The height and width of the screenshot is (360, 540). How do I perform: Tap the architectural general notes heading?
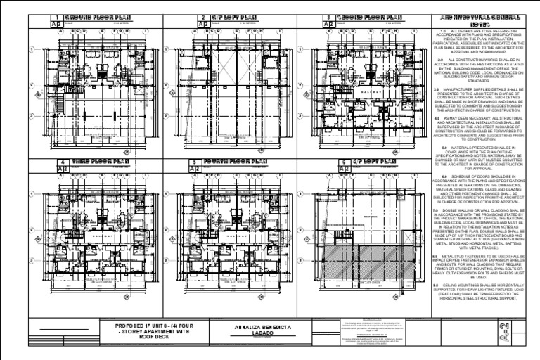[478, 20]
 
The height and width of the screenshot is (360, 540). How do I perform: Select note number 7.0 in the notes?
[436, 210]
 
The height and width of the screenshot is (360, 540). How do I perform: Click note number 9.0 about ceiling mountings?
[436, 284]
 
